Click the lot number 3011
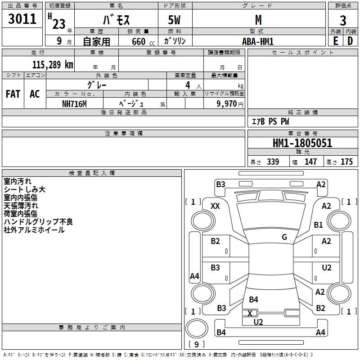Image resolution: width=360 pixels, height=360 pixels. [22, 19]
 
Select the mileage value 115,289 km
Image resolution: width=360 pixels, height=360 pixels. [53, 65]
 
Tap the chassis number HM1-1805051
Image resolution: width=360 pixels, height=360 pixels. [302, 143]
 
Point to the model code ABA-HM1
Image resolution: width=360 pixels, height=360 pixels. [258, 41]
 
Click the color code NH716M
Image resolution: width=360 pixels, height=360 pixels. [74, 104]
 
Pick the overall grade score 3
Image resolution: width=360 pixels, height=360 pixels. [343, 21]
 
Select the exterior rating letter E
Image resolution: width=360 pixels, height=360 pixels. [336, 41]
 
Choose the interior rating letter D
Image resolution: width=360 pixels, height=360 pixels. [350, 41]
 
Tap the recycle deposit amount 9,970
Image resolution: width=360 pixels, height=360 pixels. [227, 104]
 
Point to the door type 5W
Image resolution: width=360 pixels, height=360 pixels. [174, 20]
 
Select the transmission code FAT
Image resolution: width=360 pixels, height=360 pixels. [13, 94]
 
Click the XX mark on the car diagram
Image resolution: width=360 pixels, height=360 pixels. [215, 206]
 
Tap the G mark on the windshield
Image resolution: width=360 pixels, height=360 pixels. [284, 237]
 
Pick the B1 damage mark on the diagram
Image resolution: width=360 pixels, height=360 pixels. [319, 225]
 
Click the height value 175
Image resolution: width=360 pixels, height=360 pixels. [346, 162]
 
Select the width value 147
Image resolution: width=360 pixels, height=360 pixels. [310, 162]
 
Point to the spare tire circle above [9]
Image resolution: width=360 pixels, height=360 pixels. [197, 328]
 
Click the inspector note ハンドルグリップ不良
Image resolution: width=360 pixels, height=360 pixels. [38, 222]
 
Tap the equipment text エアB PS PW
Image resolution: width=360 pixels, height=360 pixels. [270, 121]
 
